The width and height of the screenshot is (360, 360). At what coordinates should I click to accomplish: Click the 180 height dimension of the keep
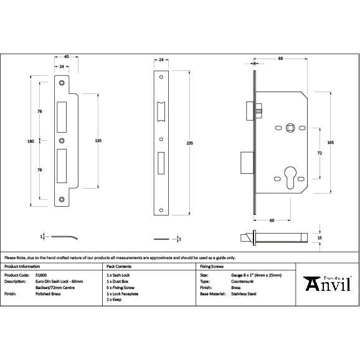(31, 141)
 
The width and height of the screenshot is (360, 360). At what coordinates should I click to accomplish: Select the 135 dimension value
(98, 141)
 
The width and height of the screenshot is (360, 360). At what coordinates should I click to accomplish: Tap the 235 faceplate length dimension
(190, 144)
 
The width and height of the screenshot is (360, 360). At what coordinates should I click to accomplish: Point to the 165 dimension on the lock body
(330, 143)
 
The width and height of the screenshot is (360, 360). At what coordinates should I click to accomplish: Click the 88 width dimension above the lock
(281, 58)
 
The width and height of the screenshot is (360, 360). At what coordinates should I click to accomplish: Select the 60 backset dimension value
(272, 220)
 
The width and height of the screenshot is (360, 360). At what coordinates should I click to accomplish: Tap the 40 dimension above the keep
(67, 57)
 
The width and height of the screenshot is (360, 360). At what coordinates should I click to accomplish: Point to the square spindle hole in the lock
(290, 128)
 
